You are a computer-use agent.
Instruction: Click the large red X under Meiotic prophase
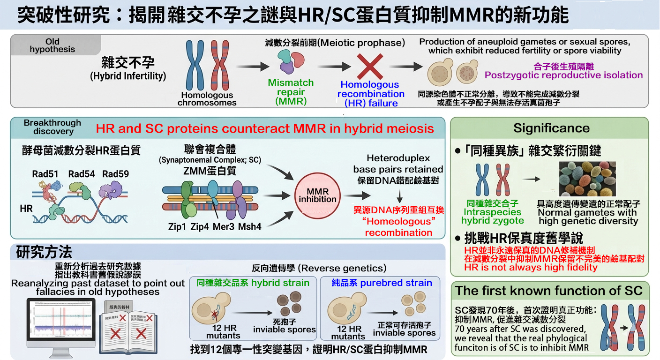(x=369, y=67)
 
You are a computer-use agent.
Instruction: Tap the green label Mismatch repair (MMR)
(x=291, y=92)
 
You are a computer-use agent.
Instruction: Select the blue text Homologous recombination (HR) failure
(x=369, y=94)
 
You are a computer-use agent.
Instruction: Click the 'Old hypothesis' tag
(x=52, y=45)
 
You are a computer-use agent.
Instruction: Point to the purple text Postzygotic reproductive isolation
(x=563, y=75)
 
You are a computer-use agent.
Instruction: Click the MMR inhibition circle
(x=318, y=195)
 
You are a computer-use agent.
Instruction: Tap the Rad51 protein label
(x=45, y=174)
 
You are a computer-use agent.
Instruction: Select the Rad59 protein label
(x=115, y=174)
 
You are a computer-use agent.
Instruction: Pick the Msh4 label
(x=249, y=226)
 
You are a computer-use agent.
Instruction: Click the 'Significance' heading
(x=551, y=128)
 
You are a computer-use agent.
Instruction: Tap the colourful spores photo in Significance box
(x=587, y=179)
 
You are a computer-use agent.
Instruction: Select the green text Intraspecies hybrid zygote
(x=493, y=212)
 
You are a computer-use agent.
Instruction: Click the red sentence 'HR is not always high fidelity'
(x=531, y=268)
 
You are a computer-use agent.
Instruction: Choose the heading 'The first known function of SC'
(x=549, y=291)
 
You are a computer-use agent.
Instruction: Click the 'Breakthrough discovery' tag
(x=52, y=127)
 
